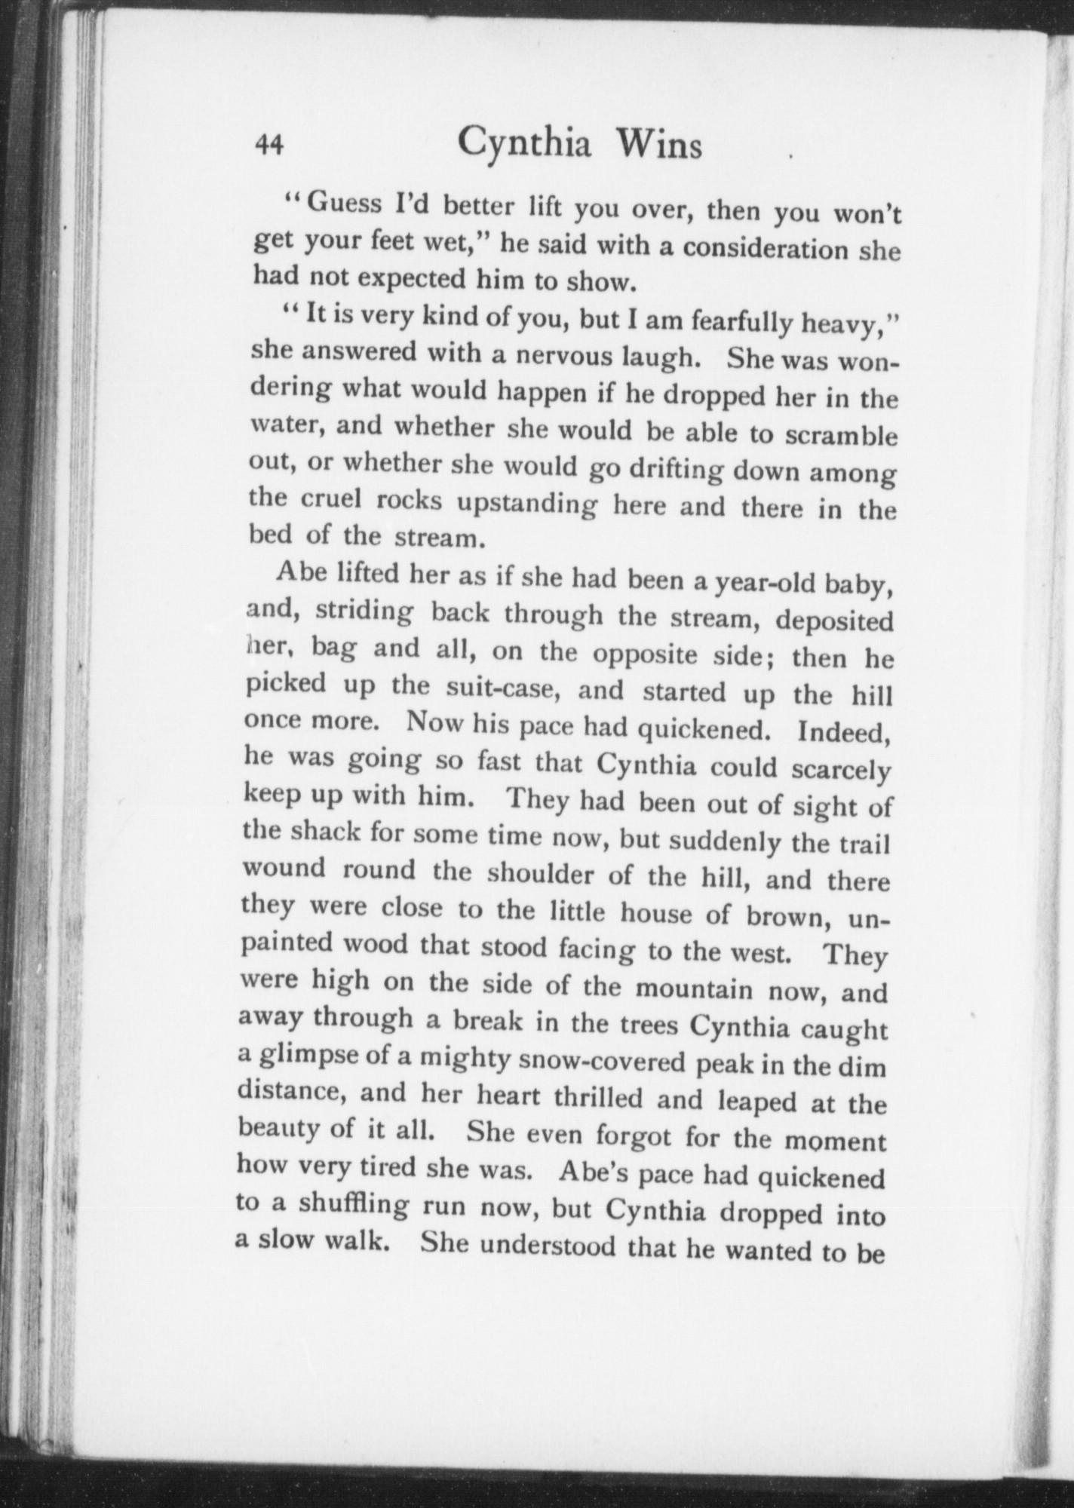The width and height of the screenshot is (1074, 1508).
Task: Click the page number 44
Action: pyautogui.click(x=269, y=144)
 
